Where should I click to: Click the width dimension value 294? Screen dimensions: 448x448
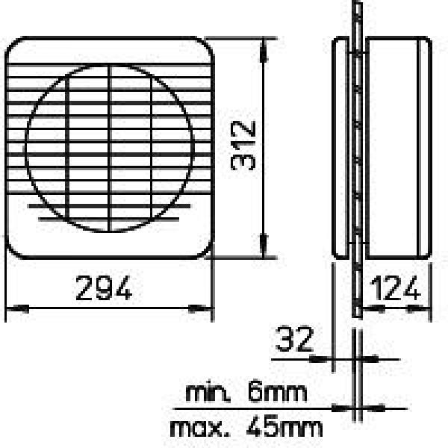click(104, 287)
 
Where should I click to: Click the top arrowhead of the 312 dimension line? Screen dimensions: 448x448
click(262, 46)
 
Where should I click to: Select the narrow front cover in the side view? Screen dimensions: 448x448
click(340, 149)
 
